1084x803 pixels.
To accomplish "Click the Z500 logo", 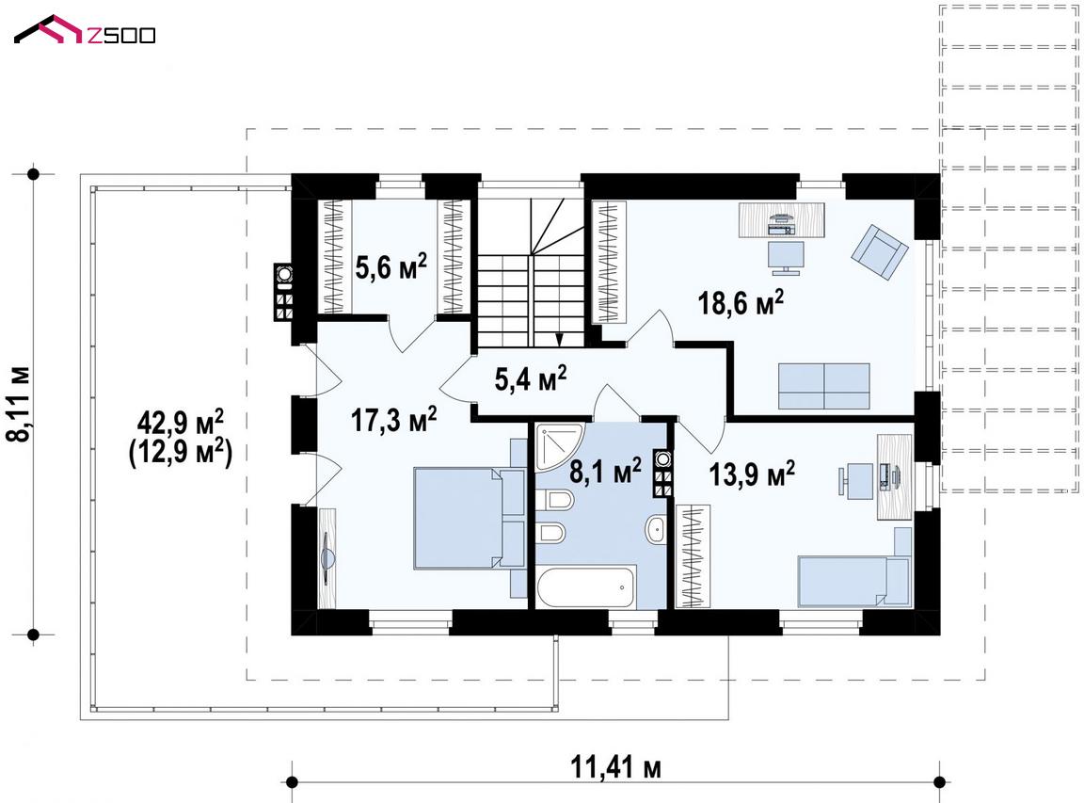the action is [x=85, y=30].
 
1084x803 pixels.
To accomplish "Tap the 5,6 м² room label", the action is [x=391, y=266].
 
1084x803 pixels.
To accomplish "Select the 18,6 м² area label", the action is [x=741, y=302].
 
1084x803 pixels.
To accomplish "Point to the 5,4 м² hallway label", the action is [x=531, y=377].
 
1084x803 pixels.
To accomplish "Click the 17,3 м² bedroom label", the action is [x=393, y=419].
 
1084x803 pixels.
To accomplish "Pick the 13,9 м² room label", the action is [x=752, y=474].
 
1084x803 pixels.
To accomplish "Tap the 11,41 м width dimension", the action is [x=615, y=767].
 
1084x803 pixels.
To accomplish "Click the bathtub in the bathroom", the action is [x=585, y=588].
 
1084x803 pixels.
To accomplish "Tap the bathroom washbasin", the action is [x=654, y=529].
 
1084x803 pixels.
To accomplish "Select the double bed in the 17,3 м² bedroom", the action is [x=470, y=518].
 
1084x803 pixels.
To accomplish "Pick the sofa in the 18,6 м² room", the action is [x=823, y=386].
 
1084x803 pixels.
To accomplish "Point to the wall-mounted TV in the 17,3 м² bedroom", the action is [x=327, y=556].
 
